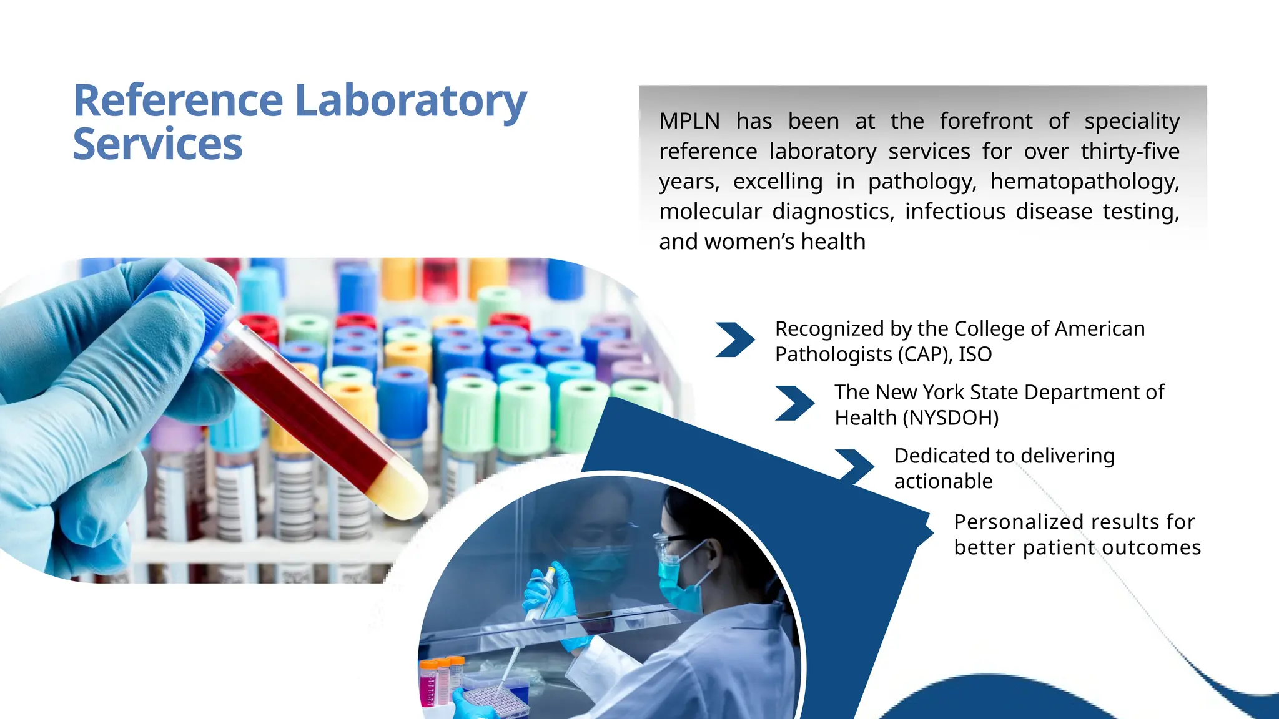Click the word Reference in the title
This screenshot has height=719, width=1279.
[179, 101]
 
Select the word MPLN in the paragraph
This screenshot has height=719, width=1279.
[689, 121]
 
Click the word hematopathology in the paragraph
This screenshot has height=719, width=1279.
[1085, 182]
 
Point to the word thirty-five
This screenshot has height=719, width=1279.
[1130, 152]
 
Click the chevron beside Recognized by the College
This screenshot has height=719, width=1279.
[735, 340]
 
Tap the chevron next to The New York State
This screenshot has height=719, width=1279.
[794, 403]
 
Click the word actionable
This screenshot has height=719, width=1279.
[943, 481]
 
